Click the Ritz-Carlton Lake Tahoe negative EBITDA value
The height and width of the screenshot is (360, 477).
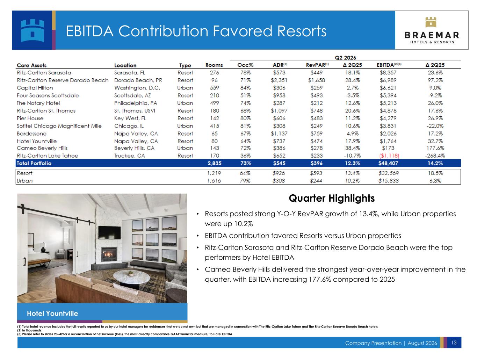click(x=389, y=156)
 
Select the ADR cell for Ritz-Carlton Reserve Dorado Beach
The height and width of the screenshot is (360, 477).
click(x=279, y=80)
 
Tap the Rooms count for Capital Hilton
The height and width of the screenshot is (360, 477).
click(x=215, y=88)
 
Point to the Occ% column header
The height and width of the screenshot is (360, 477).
click(x=245, y=65)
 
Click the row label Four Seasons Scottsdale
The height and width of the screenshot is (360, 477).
click(x=48, y=95)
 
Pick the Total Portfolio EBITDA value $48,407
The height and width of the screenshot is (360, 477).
click(x=388, y=163)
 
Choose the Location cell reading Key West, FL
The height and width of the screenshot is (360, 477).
click(x=130, y=118)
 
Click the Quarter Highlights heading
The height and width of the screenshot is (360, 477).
click(x=332, y=198)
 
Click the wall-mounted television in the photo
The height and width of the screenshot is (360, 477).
click(x=109, y=232)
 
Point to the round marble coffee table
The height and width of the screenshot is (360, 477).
click(x=131, y=277)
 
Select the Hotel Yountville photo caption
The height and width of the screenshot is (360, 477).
click(x=52, y=313)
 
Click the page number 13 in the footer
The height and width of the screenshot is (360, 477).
click(x=454, y=343)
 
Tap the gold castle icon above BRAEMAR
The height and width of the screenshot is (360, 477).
click(x=431, y=22)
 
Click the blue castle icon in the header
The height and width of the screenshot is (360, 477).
click(x=32, y=30)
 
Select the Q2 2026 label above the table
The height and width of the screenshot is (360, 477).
click(x=345, y=58)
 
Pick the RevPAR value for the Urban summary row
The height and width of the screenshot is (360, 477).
click(x=316, y=181)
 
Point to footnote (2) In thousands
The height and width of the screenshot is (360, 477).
click(x=29, y=330)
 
